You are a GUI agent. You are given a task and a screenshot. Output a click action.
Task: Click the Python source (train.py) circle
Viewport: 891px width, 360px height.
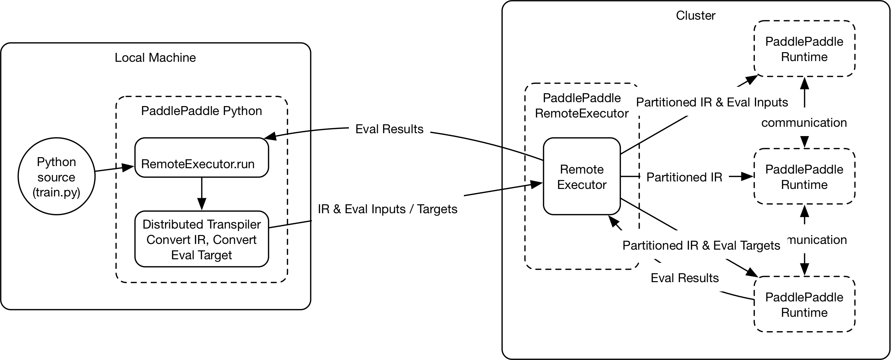pyautogui.click(x=56, y=176)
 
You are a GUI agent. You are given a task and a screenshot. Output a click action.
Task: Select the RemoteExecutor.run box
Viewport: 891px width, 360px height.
pyautogui.click(x=201, y=157)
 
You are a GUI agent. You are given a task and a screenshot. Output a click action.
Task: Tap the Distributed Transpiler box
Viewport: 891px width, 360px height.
pyautogui.click(x=201, y=239)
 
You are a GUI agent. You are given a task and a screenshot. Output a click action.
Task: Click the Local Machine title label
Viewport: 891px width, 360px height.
pyautogui.click(x=155, y=57)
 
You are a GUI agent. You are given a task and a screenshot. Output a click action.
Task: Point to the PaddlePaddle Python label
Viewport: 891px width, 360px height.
pyautogui.click(x=201, y=111)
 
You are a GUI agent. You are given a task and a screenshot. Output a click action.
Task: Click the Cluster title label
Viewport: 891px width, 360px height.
pyautogui.click(x=695, y=16)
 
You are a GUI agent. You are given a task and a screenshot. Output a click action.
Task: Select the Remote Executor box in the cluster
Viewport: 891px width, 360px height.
pyautogui.click(x=581, y=176)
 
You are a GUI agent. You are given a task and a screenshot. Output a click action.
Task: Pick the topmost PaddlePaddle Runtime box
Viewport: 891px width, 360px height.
pyautogui.click(x=804, y=49)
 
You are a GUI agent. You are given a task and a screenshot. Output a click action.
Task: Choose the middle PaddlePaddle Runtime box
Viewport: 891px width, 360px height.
pyautogui.click(x=804, y=176)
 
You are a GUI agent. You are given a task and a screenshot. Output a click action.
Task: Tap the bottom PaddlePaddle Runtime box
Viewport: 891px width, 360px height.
pyautogui.click(x=804, y=304)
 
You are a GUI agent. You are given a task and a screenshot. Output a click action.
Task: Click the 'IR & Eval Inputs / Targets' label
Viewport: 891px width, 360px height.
pyautogui.click(x=387, y=209)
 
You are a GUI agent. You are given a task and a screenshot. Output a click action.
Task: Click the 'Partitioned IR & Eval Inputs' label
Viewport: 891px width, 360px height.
pyautogui.click(x=712, y=102)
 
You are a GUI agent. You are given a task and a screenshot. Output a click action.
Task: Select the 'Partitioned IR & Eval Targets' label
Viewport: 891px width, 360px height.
pyautogui.click(x=701, y=245)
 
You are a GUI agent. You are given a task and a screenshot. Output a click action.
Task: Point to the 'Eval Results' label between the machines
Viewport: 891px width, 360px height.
pyautogui.click(x=389, y=129)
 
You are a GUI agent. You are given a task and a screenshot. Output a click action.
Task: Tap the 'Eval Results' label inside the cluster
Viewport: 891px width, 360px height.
pyautogui.click(x=684, y=278)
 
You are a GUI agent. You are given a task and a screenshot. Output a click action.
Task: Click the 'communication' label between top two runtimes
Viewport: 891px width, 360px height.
pyautogui.click(x=804, y=122)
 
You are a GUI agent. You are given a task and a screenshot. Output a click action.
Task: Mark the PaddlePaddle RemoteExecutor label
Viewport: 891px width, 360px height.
pyautogui.click(x=581, y=106)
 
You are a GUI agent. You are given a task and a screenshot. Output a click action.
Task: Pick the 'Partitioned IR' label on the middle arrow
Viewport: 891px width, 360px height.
pyautogui.click(x=684, y=177)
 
